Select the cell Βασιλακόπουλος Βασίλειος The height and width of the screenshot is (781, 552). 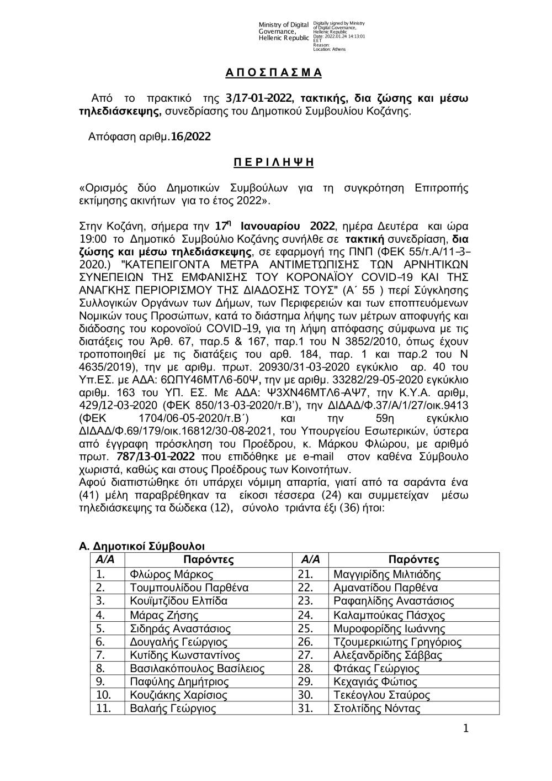pos(197,669)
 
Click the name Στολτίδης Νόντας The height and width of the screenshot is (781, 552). pos(377,709)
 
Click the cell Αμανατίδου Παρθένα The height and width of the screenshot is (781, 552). pos(385,588)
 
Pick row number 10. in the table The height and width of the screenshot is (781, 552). pos(104,695)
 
